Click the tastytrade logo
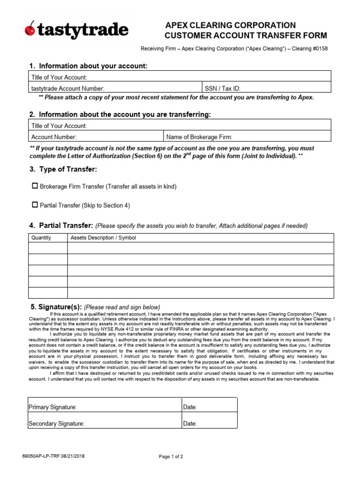coord(76,31)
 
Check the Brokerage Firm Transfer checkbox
coord(35,186)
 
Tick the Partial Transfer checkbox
coord(35,205)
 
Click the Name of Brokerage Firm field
coord(281,137)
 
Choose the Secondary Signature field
coord(131,423)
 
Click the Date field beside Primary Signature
coord(216,407)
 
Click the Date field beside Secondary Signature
coord(216,423)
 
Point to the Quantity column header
coord(41,238)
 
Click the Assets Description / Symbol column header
coord(103,238)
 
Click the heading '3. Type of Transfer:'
coord(63,169)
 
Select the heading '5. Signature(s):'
coord(56,307)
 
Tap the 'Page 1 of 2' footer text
coord(171,456)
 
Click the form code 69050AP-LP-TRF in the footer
coord(45,456)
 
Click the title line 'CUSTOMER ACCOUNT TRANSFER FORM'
coord(246,36)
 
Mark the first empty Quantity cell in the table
coord(48,248)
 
